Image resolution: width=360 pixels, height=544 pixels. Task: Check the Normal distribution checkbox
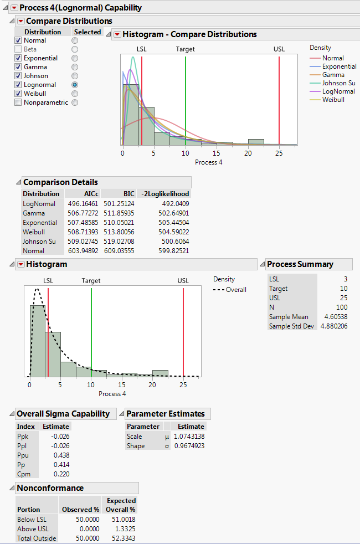(18, 40)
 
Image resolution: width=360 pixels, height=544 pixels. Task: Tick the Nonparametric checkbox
(18, 102)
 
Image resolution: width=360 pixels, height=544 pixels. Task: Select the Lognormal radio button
(75, 85)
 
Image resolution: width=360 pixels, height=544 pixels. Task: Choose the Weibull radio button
(75, 94)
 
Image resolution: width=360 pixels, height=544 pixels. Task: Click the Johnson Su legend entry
(338, 83)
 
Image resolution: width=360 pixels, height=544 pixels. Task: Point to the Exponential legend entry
(339, 66)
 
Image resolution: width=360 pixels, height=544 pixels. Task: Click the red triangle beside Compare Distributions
(20, 21)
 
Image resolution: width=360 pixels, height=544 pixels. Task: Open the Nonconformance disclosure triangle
(12, 488)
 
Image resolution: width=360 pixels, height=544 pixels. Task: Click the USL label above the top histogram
(279, 49)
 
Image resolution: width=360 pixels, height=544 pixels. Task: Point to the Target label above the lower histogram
(91, 281)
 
